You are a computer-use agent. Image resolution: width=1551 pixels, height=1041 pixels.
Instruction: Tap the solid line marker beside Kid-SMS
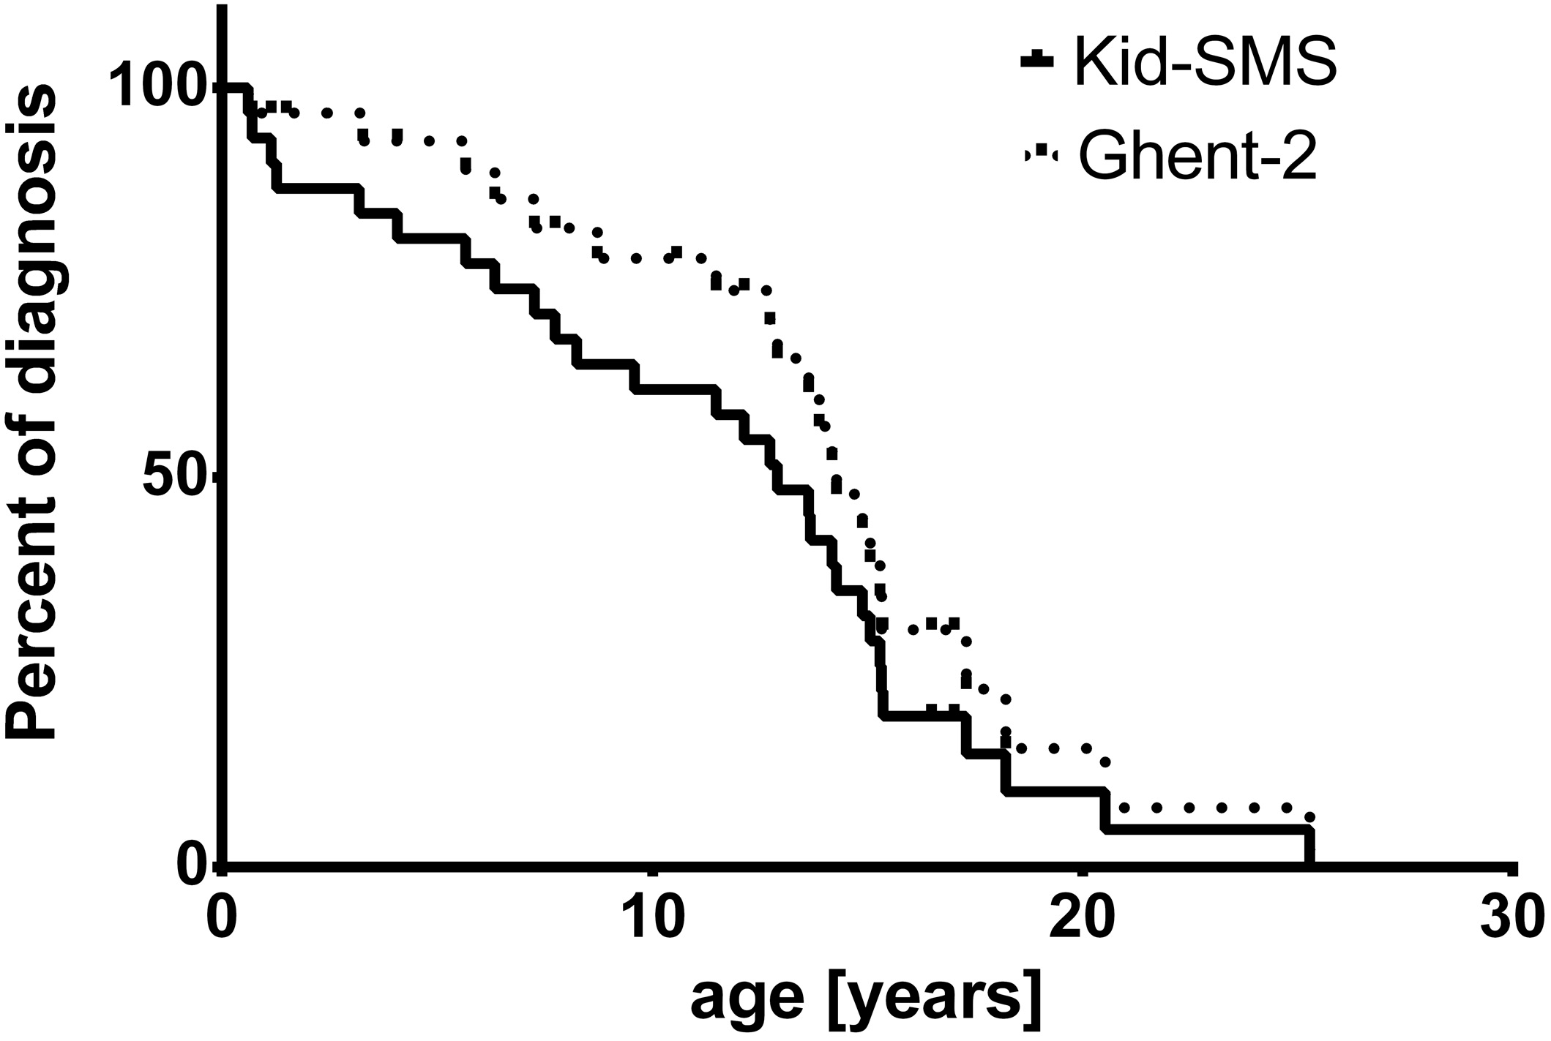[1037, 61]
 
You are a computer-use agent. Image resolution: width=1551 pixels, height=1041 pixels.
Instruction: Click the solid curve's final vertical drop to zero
[1309, 847]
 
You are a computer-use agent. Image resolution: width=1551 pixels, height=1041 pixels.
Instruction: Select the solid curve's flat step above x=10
[673, 389]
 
